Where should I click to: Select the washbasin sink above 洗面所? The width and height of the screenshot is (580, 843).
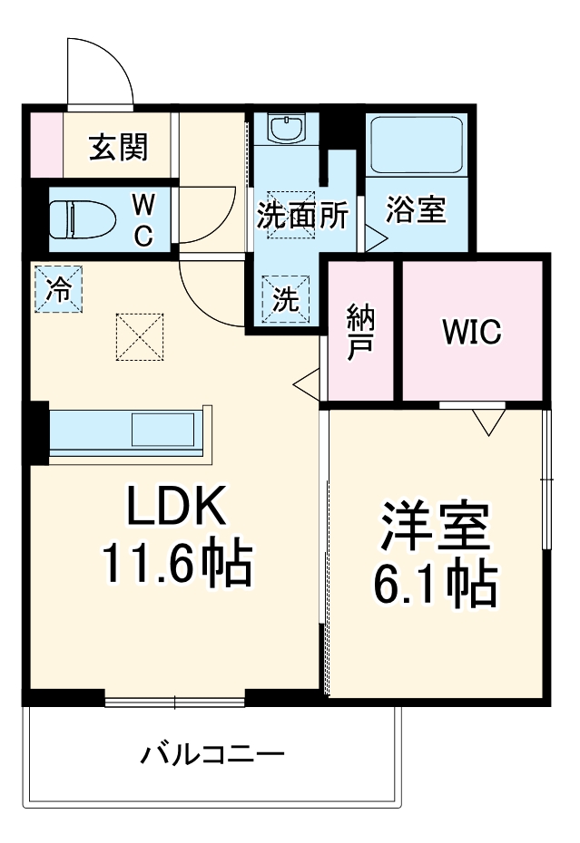(x=289, y=128)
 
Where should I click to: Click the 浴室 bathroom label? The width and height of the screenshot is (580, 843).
(x=416, y=210)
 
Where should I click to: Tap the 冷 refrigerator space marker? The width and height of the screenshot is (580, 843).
(x=58, y=290)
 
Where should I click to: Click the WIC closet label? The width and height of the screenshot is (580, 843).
(x=471, y=332)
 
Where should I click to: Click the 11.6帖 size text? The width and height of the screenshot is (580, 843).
(x=176, y=565)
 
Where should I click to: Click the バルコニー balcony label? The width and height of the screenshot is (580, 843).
(x=212, y=754)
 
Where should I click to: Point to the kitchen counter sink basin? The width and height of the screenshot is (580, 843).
(x=163, y=429)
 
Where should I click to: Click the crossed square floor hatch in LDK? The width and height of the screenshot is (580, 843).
(x=139, y=337)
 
